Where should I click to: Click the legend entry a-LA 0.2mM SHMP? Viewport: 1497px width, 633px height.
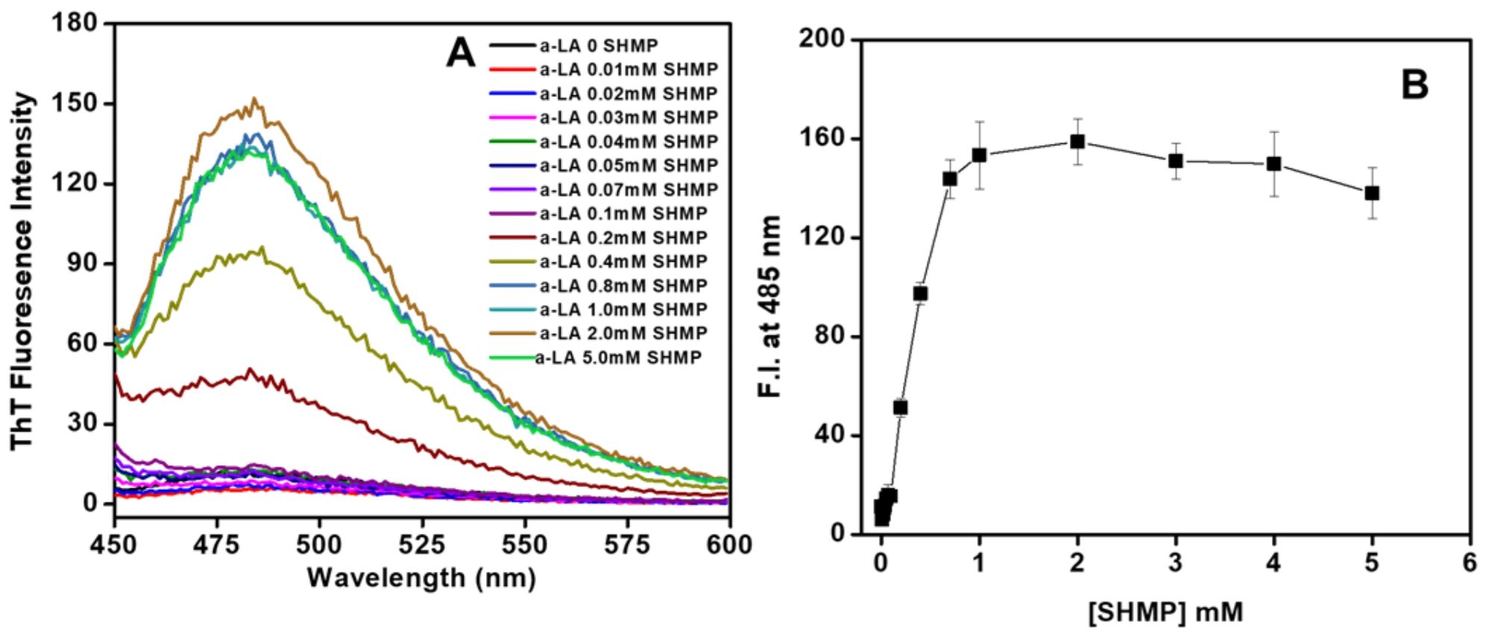pos(623,238)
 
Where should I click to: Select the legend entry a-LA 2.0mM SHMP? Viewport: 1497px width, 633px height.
pos(623,333)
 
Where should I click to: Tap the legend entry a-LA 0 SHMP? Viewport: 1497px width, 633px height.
pos(599,46)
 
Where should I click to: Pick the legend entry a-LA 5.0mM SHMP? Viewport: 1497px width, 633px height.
pos(619,358)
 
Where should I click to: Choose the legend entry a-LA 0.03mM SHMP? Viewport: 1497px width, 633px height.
pos(628,118)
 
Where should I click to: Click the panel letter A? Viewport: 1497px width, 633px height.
pos(460,54)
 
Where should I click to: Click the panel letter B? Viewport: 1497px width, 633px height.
pos(1414,85)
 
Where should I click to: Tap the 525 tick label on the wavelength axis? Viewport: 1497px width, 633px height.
pos(421,545)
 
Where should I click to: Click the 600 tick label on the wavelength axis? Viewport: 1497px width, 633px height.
pos(729,545)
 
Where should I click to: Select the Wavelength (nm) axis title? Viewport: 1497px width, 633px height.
pos(421,578)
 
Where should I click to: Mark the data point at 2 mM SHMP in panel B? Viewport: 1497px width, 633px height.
pos(1077,142)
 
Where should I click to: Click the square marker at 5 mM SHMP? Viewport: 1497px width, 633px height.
pos(1372,194)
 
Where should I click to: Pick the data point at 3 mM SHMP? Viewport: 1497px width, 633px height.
pos(1176,161)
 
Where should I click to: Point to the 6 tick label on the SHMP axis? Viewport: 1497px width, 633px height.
pos(1469,562)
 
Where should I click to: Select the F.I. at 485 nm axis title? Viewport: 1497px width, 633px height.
pos(769,306)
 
